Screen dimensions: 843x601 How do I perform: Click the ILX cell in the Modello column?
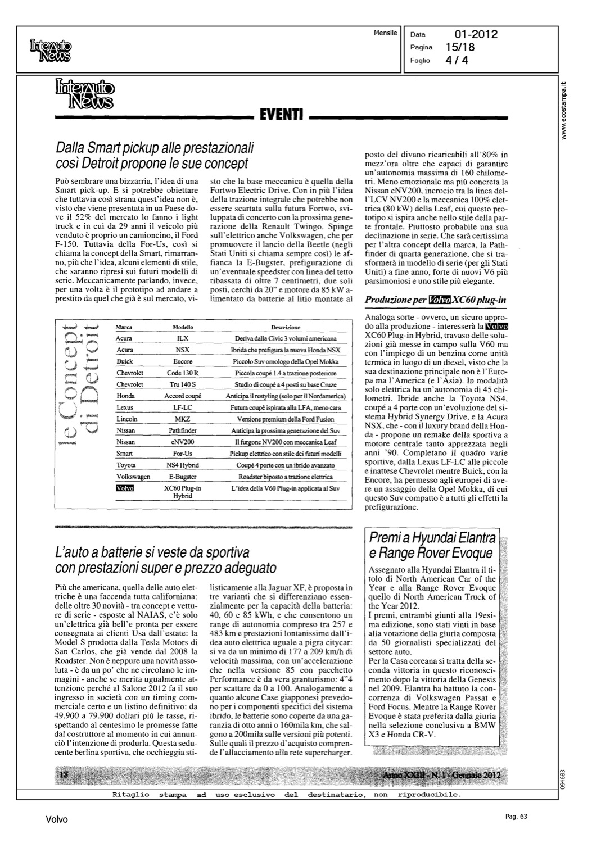point(183,339)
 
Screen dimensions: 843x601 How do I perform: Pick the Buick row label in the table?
point(125,361)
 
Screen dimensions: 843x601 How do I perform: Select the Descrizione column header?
point(286,327)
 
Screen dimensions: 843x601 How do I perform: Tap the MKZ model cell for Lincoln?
point(183,419)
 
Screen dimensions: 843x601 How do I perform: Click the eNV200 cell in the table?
point(183,442)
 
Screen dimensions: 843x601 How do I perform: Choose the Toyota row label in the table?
point(126,465)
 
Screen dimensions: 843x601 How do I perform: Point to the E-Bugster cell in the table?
point(183,477)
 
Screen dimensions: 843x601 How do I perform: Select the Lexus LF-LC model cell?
point(183,407)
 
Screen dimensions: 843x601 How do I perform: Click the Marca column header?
point(123,327)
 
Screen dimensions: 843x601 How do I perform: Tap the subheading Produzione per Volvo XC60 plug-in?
point(436,300)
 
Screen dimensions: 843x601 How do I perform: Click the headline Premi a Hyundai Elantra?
point(432,537)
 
